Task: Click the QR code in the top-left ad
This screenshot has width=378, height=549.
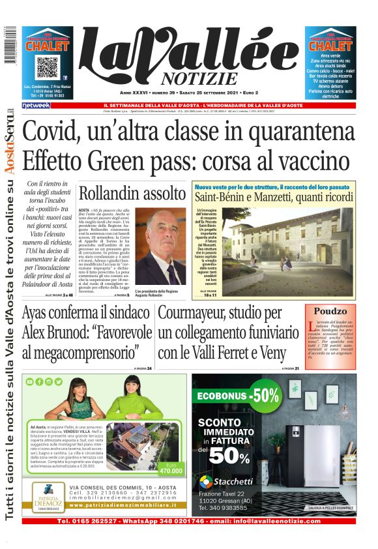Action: [x=48, y=68]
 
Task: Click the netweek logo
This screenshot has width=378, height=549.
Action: [x=36, y=106]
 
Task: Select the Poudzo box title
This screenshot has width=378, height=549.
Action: [x=330, y=312]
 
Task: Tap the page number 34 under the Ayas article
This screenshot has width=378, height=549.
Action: [x=149, y=369]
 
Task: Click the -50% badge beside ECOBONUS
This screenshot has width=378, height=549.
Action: [x=266, y=395]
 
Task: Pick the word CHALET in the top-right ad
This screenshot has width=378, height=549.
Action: [x=330, y=46]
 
